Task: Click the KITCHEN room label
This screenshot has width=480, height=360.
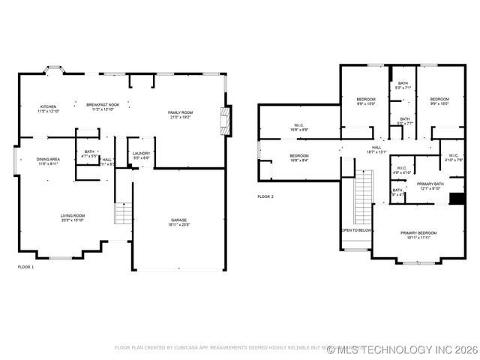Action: point(48,106)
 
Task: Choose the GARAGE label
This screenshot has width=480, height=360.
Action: point(179,219)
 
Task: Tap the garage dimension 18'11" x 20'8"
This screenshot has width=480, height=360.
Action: point(179,224)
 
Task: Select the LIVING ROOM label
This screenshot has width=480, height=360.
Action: point(73,215)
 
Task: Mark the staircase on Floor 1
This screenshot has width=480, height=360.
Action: point(123,213)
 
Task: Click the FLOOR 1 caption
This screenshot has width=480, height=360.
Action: point(26,266)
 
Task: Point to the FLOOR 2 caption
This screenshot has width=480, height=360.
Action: point(266,196)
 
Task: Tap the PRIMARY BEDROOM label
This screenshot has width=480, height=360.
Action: point(418,233)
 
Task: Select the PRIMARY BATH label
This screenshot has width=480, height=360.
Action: point(430,184)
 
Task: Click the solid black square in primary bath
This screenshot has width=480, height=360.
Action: point(455,199)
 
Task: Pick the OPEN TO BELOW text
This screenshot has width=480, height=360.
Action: point(357,230)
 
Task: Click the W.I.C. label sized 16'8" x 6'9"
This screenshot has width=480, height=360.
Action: point(298,125)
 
